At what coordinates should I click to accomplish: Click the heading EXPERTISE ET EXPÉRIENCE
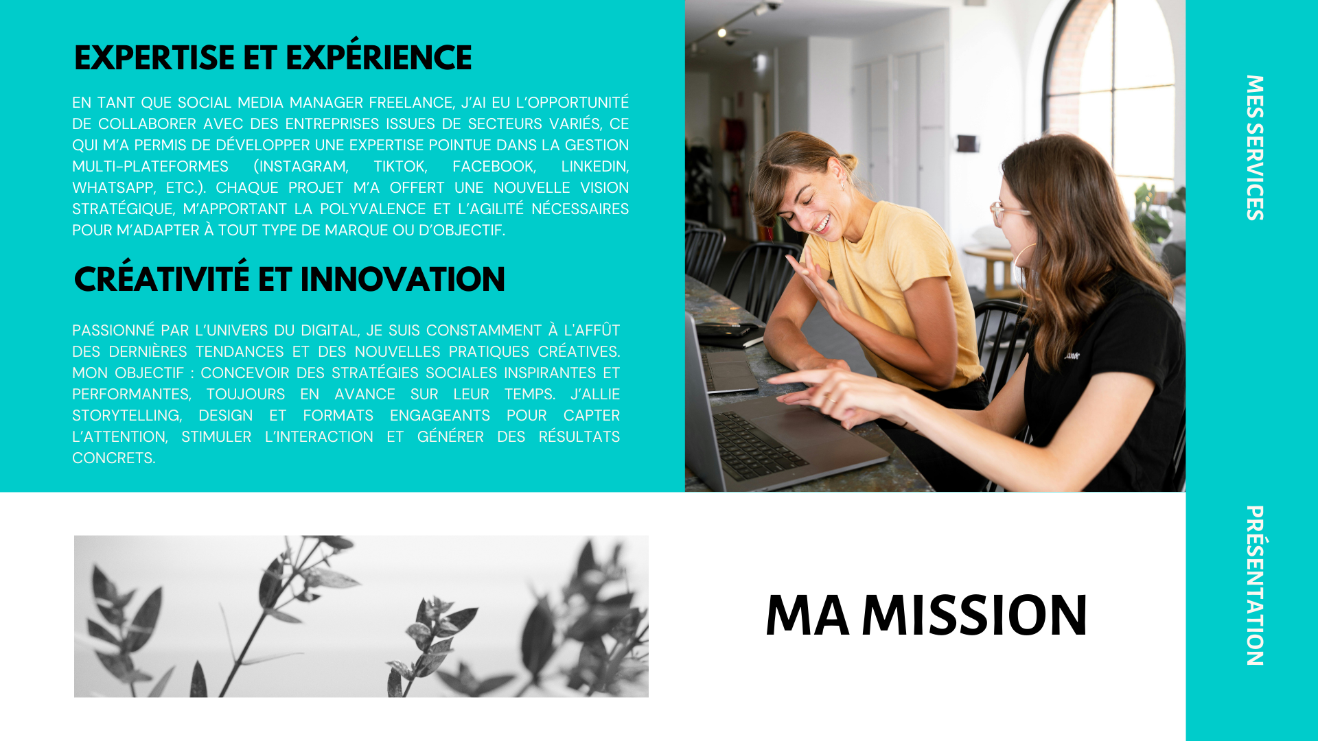click(x=273, y=56)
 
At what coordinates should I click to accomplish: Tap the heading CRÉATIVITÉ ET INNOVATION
click(x=289, y=277)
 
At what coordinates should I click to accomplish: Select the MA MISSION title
click(x=926, y=615)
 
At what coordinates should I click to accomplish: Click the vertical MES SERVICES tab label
click(x=1255, y=148)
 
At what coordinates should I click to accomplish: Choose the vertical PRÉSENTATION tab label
click(x=1255, y=585)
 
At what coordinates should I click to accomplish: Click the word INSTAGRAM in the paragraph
click(x=301, y=167)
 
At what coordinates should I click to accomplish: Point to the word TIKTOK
click(x=400, y=167)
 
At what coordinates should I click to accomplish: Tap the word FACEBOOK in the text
click(x=494, y=167)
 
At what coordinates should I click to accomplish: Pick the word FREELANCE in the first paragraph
click(x=411, y=103)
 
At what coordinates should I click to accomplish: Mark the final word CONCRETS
click(x=114, y=458)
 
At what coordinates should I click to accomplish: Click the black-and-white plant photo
click(x=361, y=616)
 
